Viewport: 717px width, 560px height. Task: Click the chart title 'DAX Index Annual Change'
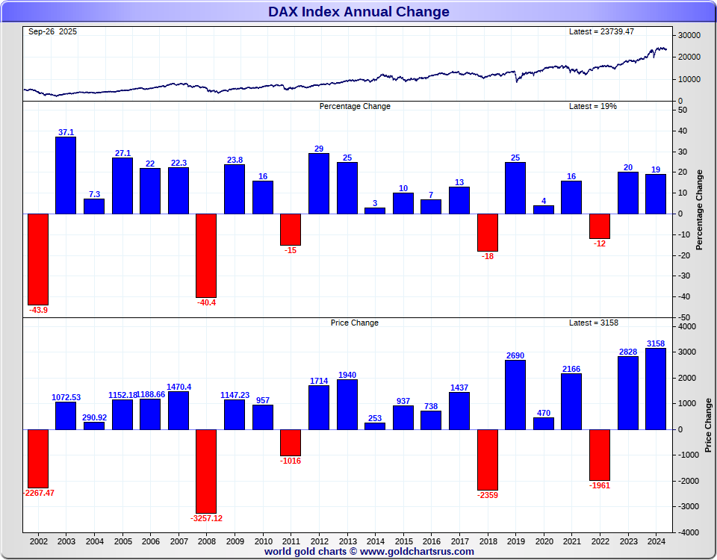(358, 11)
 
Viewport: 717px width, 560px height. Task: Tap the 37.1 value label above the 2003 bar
(66, 132)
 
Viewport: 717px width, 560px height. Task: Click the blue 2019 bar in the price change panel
(515, 395)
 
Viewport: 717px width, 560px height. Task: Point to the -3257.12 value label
(206, 518)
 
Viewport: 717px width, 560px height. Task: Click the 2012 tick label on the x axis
(319, 541)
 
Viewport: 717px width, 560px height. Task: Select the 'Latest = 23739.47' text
(601, 31)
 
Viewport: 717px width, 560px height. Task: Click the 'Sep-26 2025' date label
(52, 31)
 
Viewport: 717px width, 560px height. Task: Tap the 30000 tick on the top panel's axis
(689, 35)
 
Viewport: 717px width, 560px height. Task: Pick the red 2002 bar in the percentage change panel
(38, 258)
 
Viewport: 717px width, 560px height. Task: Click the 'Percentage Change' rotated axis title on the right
(700, 210)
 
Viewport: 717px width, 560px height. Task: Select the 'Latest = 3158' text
(594, 323)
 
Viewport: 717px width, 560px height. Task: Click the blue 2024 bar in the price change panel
(656, 388)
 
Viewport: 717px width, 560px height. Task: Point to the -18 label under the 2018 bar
(488, 256)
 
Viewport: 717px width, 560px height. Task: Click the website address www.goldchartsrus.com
(417, 552)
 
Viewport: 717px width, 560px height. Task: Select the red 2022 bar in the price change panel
(600, 455)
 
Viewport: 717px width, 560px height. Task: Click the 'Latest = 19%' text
(593, 106)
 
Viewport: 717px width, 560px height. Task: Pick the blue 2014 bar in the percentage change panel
(375, 211)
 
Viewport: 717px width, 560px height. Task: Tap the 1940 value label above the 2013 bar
(347, 374)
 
